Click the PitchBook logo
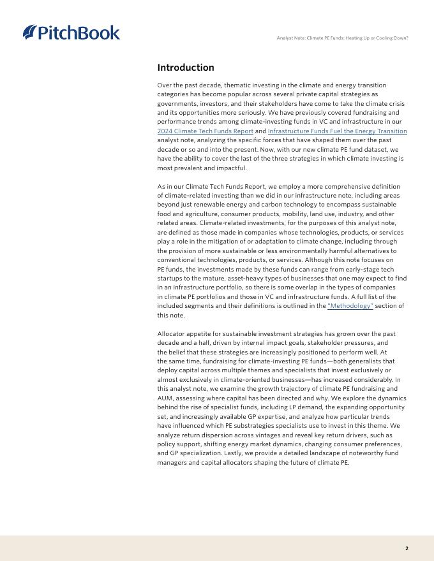click(71, 33)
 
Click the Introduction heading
click(186, 68)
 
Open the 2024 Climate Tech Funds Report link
click(205, 131)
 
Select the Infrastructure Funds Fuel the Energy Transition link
click(337, 131)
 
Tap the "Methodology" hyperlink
click(350, 306)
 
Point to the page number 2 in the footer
click(407, 548)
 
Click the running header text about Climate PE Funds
click(342, 38)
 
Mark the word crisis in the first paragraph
click(396, 103)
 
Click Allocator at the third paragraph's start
click(170, 333)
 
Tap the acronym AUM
click(165, 398)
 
